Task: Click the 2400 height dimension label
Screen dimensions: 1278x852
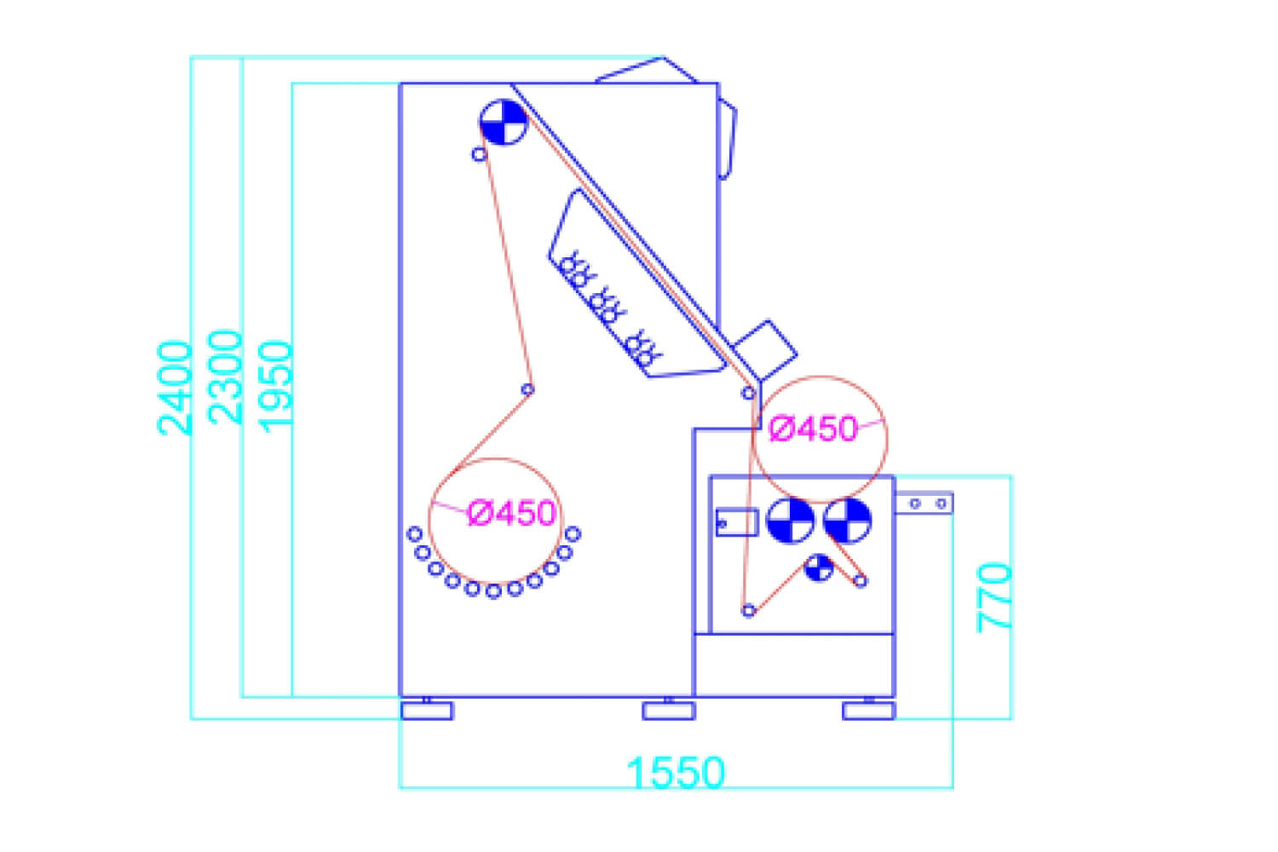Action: point(175,388)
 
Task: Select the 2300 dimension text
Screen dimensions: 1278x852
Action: point(225,377)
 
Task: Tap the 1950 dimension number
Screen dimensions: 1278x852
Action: point(275,386)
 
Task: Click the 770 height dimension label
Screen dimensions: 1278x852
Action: point(994,597)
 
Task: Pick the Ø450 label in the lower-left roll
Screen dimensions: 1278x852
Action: point(511,513)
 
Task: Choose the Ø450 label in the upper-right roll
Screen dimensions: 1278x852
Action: point(813,429)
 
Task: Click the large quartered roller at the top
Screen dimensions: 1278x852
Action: point(504,122)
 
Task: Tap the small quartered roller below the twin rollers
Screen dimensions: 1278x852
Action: point(819,567)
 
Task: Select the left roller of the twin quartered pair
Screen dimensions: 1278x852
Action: point(790,521)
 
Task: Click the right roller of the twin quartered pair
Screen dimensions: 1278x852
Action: point(848,521)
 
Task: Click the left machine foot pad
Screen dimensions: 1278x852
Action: point(427,711)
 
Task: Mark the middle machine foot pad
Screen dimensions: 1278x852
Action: point(669,711)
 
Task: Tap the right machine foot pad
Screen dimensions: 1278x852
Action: point(869,711)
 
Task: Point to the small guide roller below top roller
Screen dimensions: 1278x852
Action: point(479,154)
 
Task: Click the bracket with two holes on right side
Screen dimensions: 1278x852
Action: point(924,504)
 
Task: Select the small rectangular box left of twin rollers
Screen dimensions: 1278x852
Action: point(737,522)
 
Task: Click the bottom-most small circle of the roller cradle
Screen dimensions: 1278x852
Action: point(493,592)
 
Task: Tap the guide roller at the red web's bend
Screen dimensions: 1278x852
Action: point(527,389)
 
